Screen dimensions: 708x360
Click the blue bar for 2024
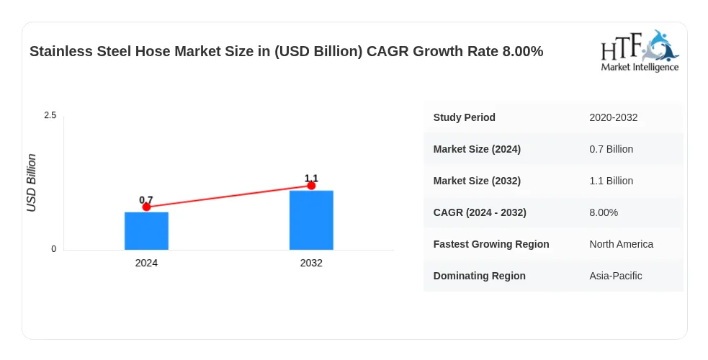[146, 231]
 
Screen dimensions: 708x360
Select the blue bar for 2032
[311, 220]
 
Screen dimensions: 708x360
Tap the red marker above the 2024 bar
[146, 207]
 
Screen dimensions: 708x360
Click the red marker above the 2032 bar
[311, 186]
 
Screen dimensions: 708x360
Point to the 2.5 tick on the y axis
[50, 115]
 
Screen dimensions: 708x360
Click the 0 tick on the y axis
[54, 249]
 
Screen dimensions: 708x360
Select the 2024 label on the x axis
[146, 263]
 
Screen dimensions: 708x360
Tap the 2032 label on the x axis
[311, 263]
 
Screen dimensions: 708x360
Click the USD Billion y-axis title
[31, 183]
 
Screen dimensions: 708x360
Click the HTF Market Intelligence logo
[640, 50]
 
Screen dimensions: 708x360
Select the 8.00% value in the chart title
[523, 51]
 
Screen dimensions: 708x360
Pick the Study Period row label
[464, 117]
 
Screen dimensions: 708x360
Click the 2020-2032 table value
[613, 117]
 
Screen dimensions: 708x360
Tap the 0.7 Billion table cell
[611, 149]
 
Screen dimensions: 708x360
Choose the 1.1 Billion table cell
[611, 181]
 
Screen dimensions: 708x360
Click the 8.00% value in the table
[604, 212]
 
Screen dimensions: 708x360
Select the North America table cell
[621, 244]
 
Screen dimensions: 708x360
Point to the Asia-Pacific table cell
[615, 276]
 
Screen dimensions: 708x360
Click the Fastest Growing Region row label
[491, 244]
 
